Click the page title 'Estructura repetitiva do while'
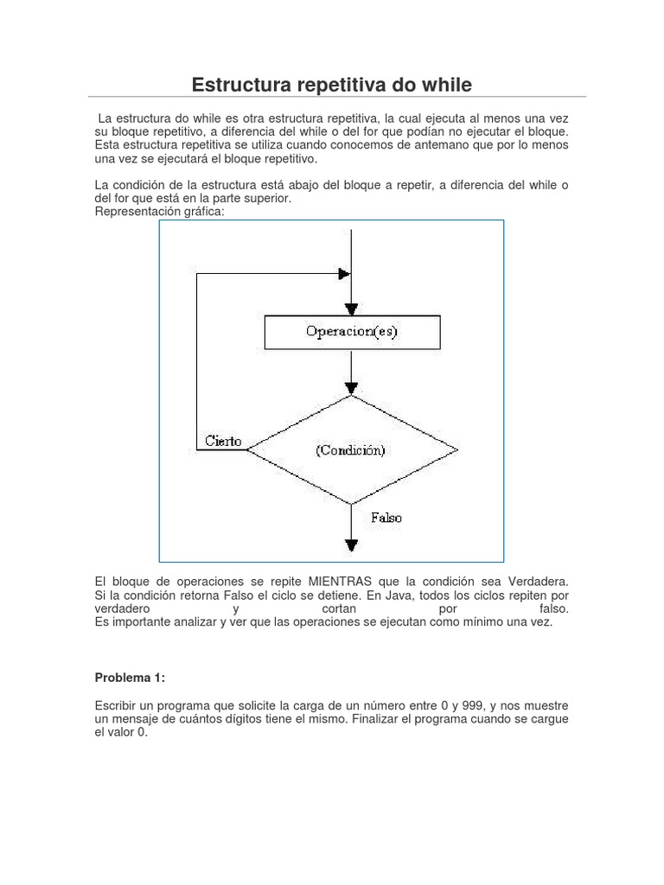[331, 85]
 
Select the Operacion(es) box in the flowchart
[351, 332]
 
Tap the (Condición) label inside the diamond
[350, 450]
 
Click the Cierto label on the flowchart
[223, 441]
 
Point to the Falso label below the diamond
[386, 518]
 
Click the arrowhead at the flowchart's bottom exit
[351, 544]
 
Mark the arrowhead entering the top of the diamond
[351, 387]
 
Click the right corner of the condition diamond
[456, 449]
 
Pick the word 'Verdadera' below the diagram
[538, 583]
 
